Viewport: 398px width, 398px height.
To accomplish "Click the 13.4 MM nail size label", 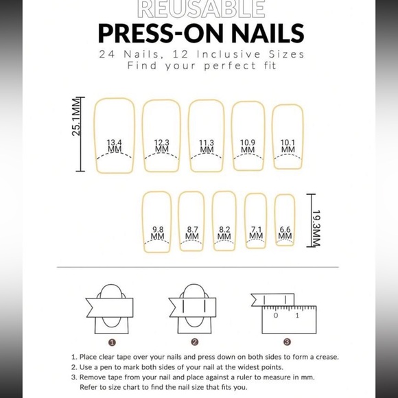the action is (115, 146).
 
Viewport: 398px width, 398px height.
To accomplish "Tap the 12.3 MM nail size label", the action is (162, 146).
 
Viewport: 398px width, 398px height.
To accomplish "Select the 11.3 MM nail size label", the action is (207, 146).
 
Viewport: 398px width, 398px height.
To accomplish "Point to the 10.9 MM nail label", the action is (248, 146).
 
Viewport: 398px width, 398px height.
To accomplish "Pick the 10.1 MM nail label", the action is (288, 146).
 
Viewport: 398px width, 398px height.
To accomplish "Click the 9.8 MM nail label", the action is (158, 233).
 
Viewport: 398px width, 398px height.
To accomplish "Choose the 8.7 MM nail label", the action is (192, 233).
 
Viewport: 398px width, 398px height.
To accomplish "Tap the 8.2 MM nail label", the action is (224, 233).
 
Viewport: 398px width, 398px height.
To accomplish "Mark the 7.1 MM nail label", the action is (256, 233).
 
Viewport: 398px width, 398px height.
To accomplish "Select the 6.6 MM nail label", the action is (285, 233).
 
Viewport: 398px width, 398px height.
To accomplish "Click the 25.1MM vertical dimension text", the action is (76, 117).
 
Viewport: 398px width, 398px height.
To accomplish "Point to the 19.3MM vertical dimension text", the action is (316, 228).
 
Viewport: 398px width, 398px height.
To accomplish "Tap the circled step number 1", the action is (112, 342).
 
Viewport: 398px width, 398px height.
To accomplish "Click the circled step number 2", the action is (194, 342).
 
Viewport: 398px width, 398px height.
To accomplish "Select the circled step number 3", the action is (287, 342).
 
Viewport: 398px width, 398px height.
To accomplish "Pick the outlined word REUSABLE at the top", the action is (201, 9).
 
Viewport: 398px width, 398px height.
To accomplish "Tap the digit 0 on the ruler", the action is (276, 316).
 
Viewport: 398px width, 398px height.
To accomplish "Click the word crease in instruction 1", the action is (327, 357).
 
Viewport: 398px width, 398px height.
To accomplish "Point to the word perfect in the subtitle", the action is (230, 66).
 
